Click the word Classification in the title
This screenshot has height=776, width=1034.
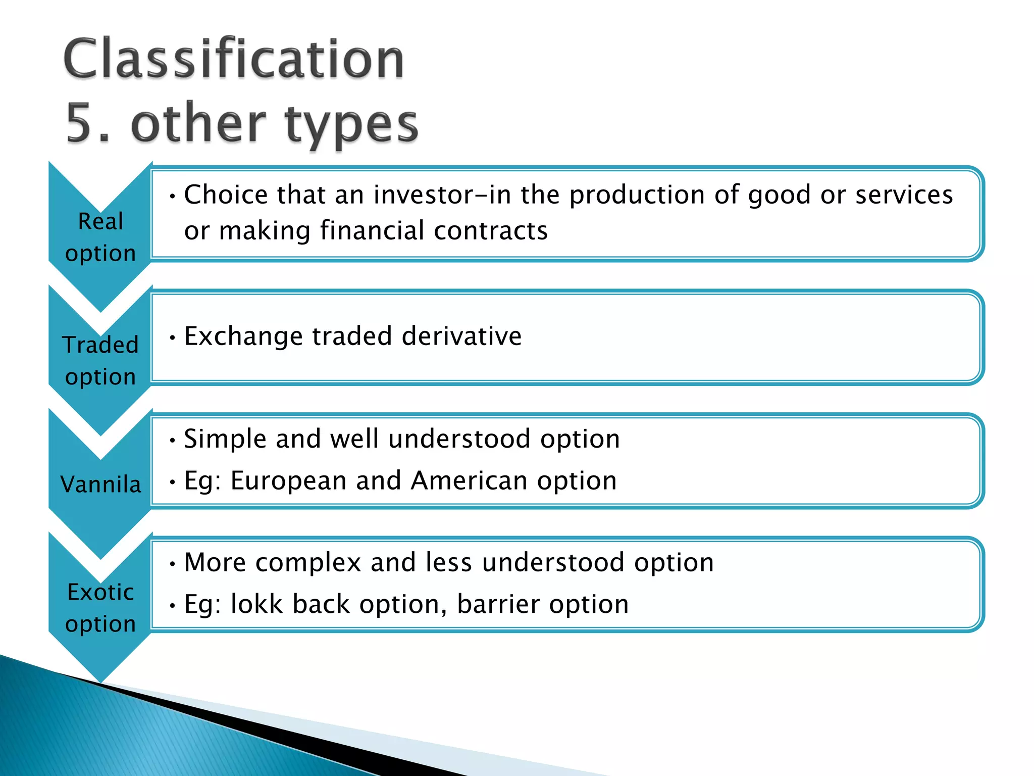[233, 60]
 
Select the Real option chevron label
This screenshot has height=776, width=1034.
[100, 237]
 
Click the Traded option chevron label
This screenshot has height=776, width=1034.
[100, 361]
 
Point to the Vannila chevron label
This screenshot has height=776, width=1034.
[100, 484]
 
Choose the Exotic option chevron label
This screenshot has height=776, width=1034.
[100, 608]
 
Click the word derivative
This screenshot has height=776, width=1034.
[461, 336]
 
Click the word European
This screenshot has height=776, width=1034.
[288, 480]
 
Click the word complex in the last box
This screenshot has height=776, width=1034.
[308, 562]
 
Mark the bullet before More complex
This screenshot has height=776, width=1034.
[173, 563]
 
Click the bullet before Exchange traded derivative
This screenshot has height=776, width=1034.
[173, 337]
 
